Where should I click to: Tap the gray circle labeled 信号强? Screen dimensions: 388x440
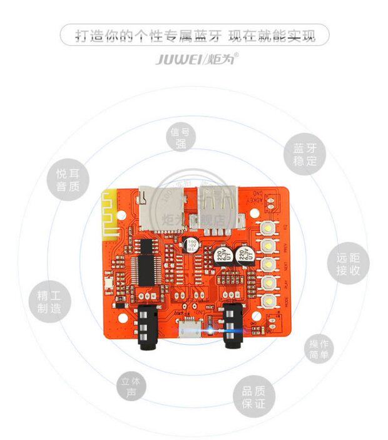[181, 137]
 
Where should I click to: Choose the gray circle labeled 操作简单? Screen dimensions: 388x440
[319, 350]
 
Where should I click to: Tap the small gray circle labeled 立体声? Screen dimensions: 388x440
[131, 387]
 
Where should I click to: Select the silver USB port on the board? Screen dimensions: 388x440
[217, 204]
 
